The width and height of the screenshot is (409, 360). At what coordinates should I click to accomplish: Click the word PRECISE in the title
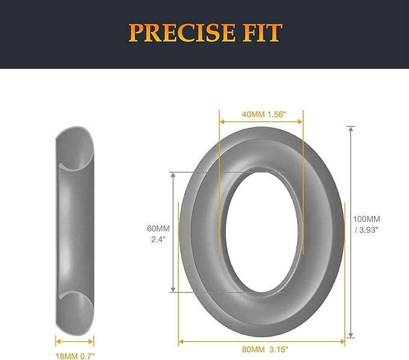point(182,33)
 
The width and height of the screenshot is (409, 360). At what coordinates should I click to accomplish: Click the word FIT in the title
point(263,33)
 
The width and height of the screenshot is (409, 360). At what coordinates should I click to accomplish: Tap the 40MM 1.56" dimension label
point(264,115)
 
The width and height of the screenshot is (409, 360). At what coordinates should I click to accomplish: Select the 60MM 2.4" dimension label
point(158,234)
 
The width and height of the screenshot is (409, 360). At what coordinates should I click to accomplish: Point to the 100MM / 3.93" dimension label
point(366,224)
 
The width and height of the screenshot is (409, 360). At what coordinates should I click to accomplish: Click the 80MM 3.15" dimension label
point(265,349)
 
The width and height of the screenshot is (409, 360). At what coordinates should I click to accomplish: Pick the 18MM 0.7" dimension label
point(75,356)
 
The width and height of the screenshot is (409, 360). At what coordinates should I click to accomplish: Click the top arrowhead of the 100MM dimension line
point(351,128)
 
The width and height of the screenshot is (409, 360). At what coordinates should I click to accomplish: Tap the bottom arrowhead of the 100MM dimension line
point(351,335)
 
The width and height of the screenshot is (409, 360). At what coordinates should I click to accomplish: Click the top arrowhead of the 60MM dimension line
point(173,174)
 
